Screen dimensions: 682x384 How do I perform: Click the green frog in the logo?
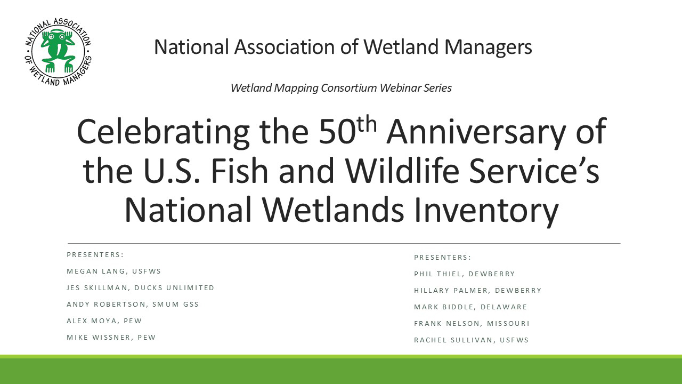[58, 50]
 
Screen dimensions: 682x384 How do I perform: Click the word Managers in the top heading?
[488, 47]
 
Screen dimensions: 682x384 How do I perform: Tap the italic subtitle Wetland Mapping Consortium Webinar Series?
[341, 88]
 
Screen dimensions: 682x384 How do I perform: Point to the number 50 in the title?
[337, 132]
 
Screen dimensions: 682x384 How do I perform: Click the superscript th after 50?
[367, 124]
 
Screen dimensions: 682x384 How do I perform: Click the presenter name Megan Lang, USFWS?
[113, 271]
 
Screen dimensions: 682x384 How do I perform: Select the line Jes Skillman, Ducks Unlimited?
[140, 287]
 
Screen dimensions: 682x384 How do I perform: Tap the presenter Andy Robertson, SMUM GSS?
[133, 304]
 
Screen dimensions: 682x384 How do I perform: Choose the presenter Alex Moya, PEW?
[104, 321]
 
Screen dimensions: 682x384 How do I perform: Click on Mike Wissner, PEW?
[111, 338]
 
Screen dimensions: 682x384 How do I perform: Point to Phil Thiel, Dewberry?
[464, 274]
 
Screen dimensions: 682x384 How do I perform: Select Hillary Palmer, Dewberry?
[478, 291]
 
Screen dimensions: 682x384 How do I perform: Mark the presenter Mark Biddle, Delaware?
[470, 307]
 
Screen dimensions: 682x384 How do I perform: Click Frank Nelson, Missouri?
[472, 323]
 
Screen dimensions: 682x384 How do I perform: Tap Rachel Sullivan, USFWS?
[472, 340]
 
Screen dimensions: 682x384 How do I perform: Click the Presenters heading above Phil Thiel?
[442, 258]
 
